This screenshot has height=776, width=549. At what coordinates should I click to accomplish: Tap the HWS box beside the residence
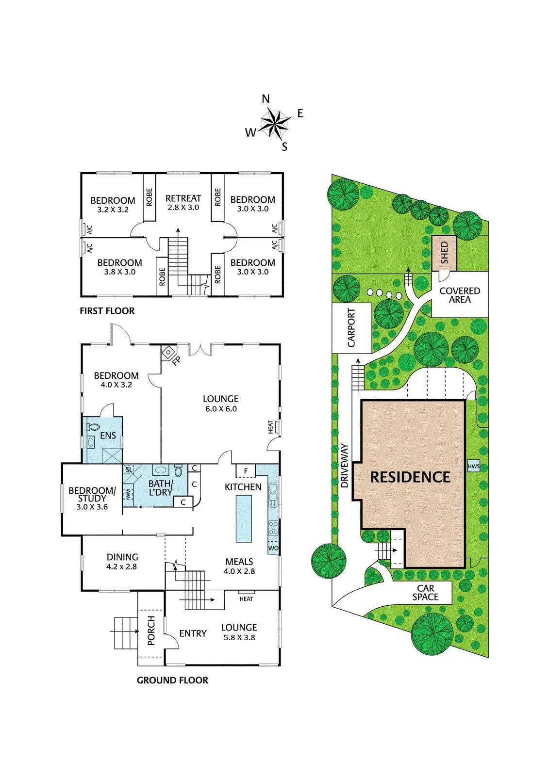pos(473,467)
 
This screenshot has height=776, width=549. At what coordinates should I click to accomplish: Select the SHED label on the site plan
pos(445,253)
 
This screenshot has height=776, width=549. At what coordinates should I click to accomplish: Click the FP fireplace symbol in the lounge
pos(168,352)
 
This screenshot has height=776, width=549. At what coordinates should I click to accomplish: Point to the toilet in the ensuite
pos(93,427)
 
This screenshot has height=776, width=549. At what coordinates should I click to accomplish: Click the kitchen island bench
pos(244,518)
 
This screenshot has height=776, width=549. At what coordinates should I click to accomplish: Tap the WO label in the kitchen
pos(273,549)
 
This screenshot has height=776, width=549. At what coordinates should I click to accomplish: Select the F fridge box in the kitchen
pos(246,471)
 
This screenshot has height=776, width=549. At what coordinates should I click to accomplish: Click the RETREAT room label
pos(183,198)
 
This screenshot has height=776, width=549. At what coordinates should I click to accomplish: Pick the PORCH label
pos(151,630)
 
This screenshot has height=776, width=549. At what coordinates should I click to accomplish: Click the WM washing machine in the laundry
pos(128,494)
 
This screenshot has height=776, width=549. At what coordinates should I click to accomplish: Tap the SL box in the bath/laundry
pos(129,469)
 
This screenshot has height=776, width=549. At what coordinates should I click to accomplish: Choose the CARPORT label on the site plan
pos(351,328)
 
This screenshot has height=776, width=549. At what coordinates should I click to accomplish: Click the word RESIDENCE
pos(410,477)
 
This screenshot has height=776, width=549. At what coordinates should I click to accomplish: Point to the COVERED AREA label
pos(459,295)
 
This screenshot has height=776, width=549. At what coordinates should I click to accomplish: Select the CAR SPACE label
pos(425,593)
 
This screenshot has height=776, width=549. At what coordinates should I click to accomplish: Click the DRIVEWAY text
pos(345,466)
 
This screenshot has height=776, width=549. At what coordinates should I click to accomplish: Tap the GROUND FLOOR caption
pos(172,680)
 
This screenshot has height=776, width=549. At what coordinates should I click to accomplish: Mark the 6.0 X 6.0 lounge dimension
pos(220,409)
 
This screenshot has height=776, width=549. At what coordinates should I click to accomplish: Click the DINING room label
pos(122,557)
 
